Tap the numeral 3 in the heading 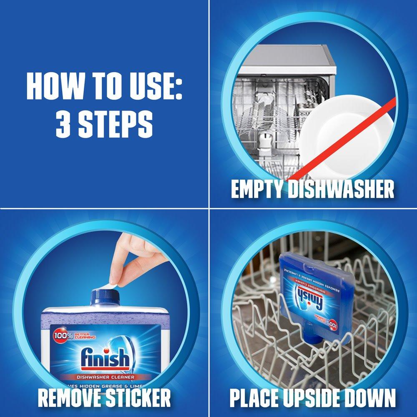coord(63,123)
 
